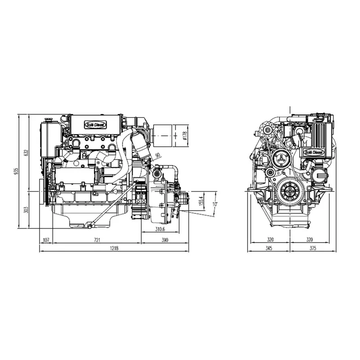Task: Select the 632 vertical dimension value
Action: (26, 153)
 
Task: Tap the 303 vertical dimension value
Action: (26, 210)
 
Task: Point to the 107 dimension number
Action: (46, 240)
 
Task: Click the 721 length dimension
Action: (97, 240)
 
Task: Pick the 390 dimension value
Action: (165, 240)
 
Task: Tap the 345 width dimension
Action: (269, 248)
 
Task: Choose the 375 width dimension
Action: (310, 248)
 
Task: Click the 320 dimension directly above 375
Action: (310, 240)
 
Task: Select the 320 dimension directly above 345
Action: (269, 240)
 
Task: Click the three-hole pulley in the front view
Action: (280, 158)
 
